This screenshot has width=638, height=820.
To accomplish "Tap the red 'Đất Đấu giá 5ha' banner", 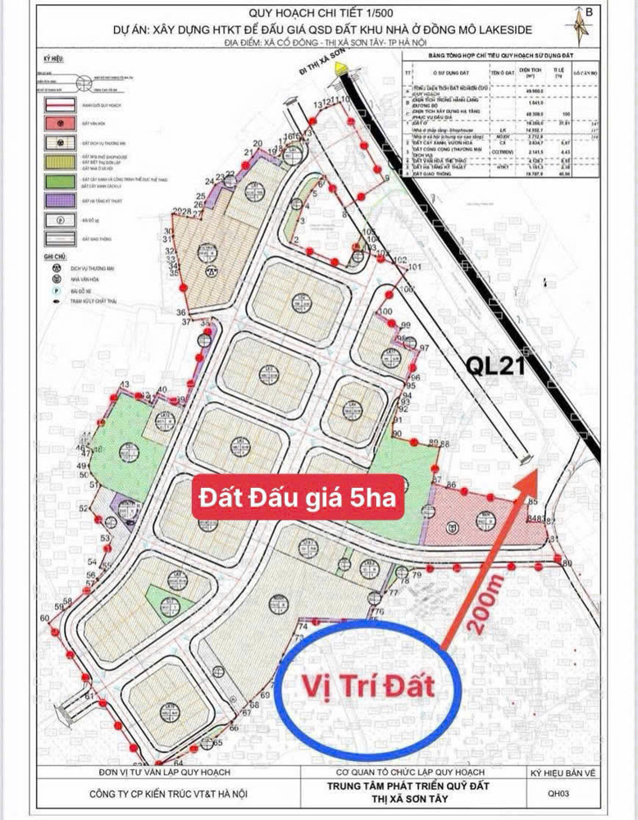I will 298,497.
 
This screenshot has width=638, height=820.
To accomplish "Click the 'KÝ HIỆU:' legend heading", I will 54,61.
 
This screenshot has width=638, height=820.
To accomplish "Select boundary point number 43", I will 125,384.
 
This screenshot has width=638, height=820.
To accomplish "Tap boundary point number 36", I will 180,312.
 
